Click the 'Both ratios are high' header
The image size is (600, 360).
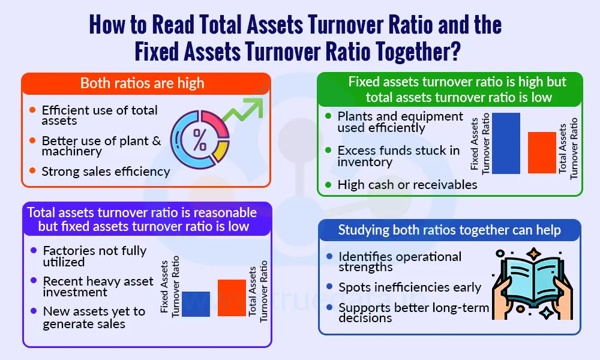click(142, 83)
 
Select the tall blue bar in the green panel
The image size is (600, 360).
click(506, 143)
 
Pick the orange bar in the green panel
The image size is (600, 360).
click(542, 153)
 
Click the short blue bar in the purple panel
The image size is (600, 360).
click(196, 304)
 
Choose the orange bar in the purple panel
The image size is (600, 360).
click(232, 298)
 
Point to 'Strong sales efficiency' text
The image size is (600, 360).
click(106, 172)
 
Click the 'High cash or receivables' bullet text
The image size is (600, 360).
click(407, 185)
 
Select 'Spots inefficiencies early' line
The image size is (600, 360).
click(410, 287)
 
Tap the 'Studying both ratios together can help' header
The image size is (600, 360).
click(449, 230)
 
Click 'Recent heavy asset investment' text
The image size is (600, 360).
click(98, 286)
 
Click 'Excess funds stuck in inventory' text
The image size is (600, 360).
click(398, 156)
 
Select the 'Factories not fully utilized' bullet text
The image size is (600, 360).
click(94, 256)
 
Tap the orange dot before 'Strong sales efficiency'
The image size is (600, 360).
click(32, 172)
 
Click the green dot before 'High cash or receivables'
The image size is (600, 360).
click(328, 185)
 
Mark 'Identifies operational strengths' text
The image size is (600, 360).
click(400, 262)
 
